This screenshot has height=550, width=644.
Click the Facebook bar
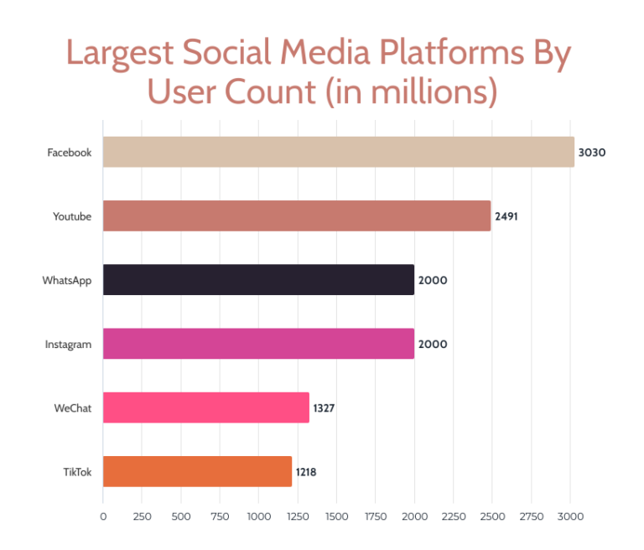pos(339,152)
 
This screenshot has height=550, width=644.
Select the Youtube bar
pos(297,215)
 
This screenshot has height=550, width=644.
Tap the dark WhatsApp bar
pos(258,279)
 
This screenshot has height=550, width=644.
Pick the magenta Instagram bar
pos(258,344)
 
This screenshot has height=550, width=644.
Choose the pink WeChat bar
pos(206,407)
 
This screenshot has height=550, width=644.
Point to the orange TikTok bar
pos(198,471)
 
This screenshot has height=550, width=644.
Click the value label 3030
pos(591,153)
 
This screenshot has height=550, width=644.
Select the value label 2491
pos(507,216)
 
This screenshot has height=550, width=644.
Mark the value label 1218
pos(305,472)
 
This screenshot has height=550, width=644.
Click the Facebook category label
pos(69,153)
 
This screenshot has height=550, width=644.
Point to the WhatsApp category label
pos(67,280)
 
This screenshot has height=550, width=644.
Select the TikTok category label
pos(76,472)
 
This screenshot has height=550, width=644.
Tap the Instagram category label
pos(68,344)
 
